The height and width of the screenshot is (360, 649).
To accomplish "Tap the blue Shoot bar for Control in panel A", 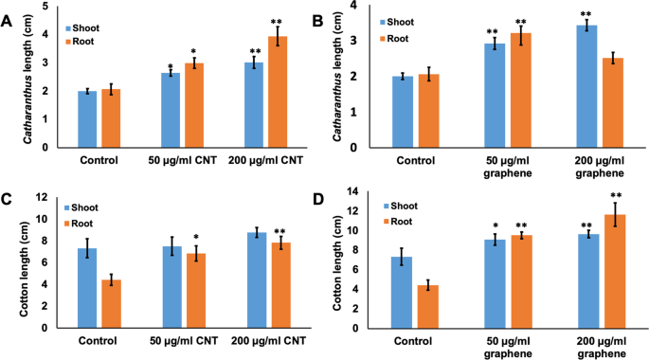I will pyautogui.click(x=87, y=119).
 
